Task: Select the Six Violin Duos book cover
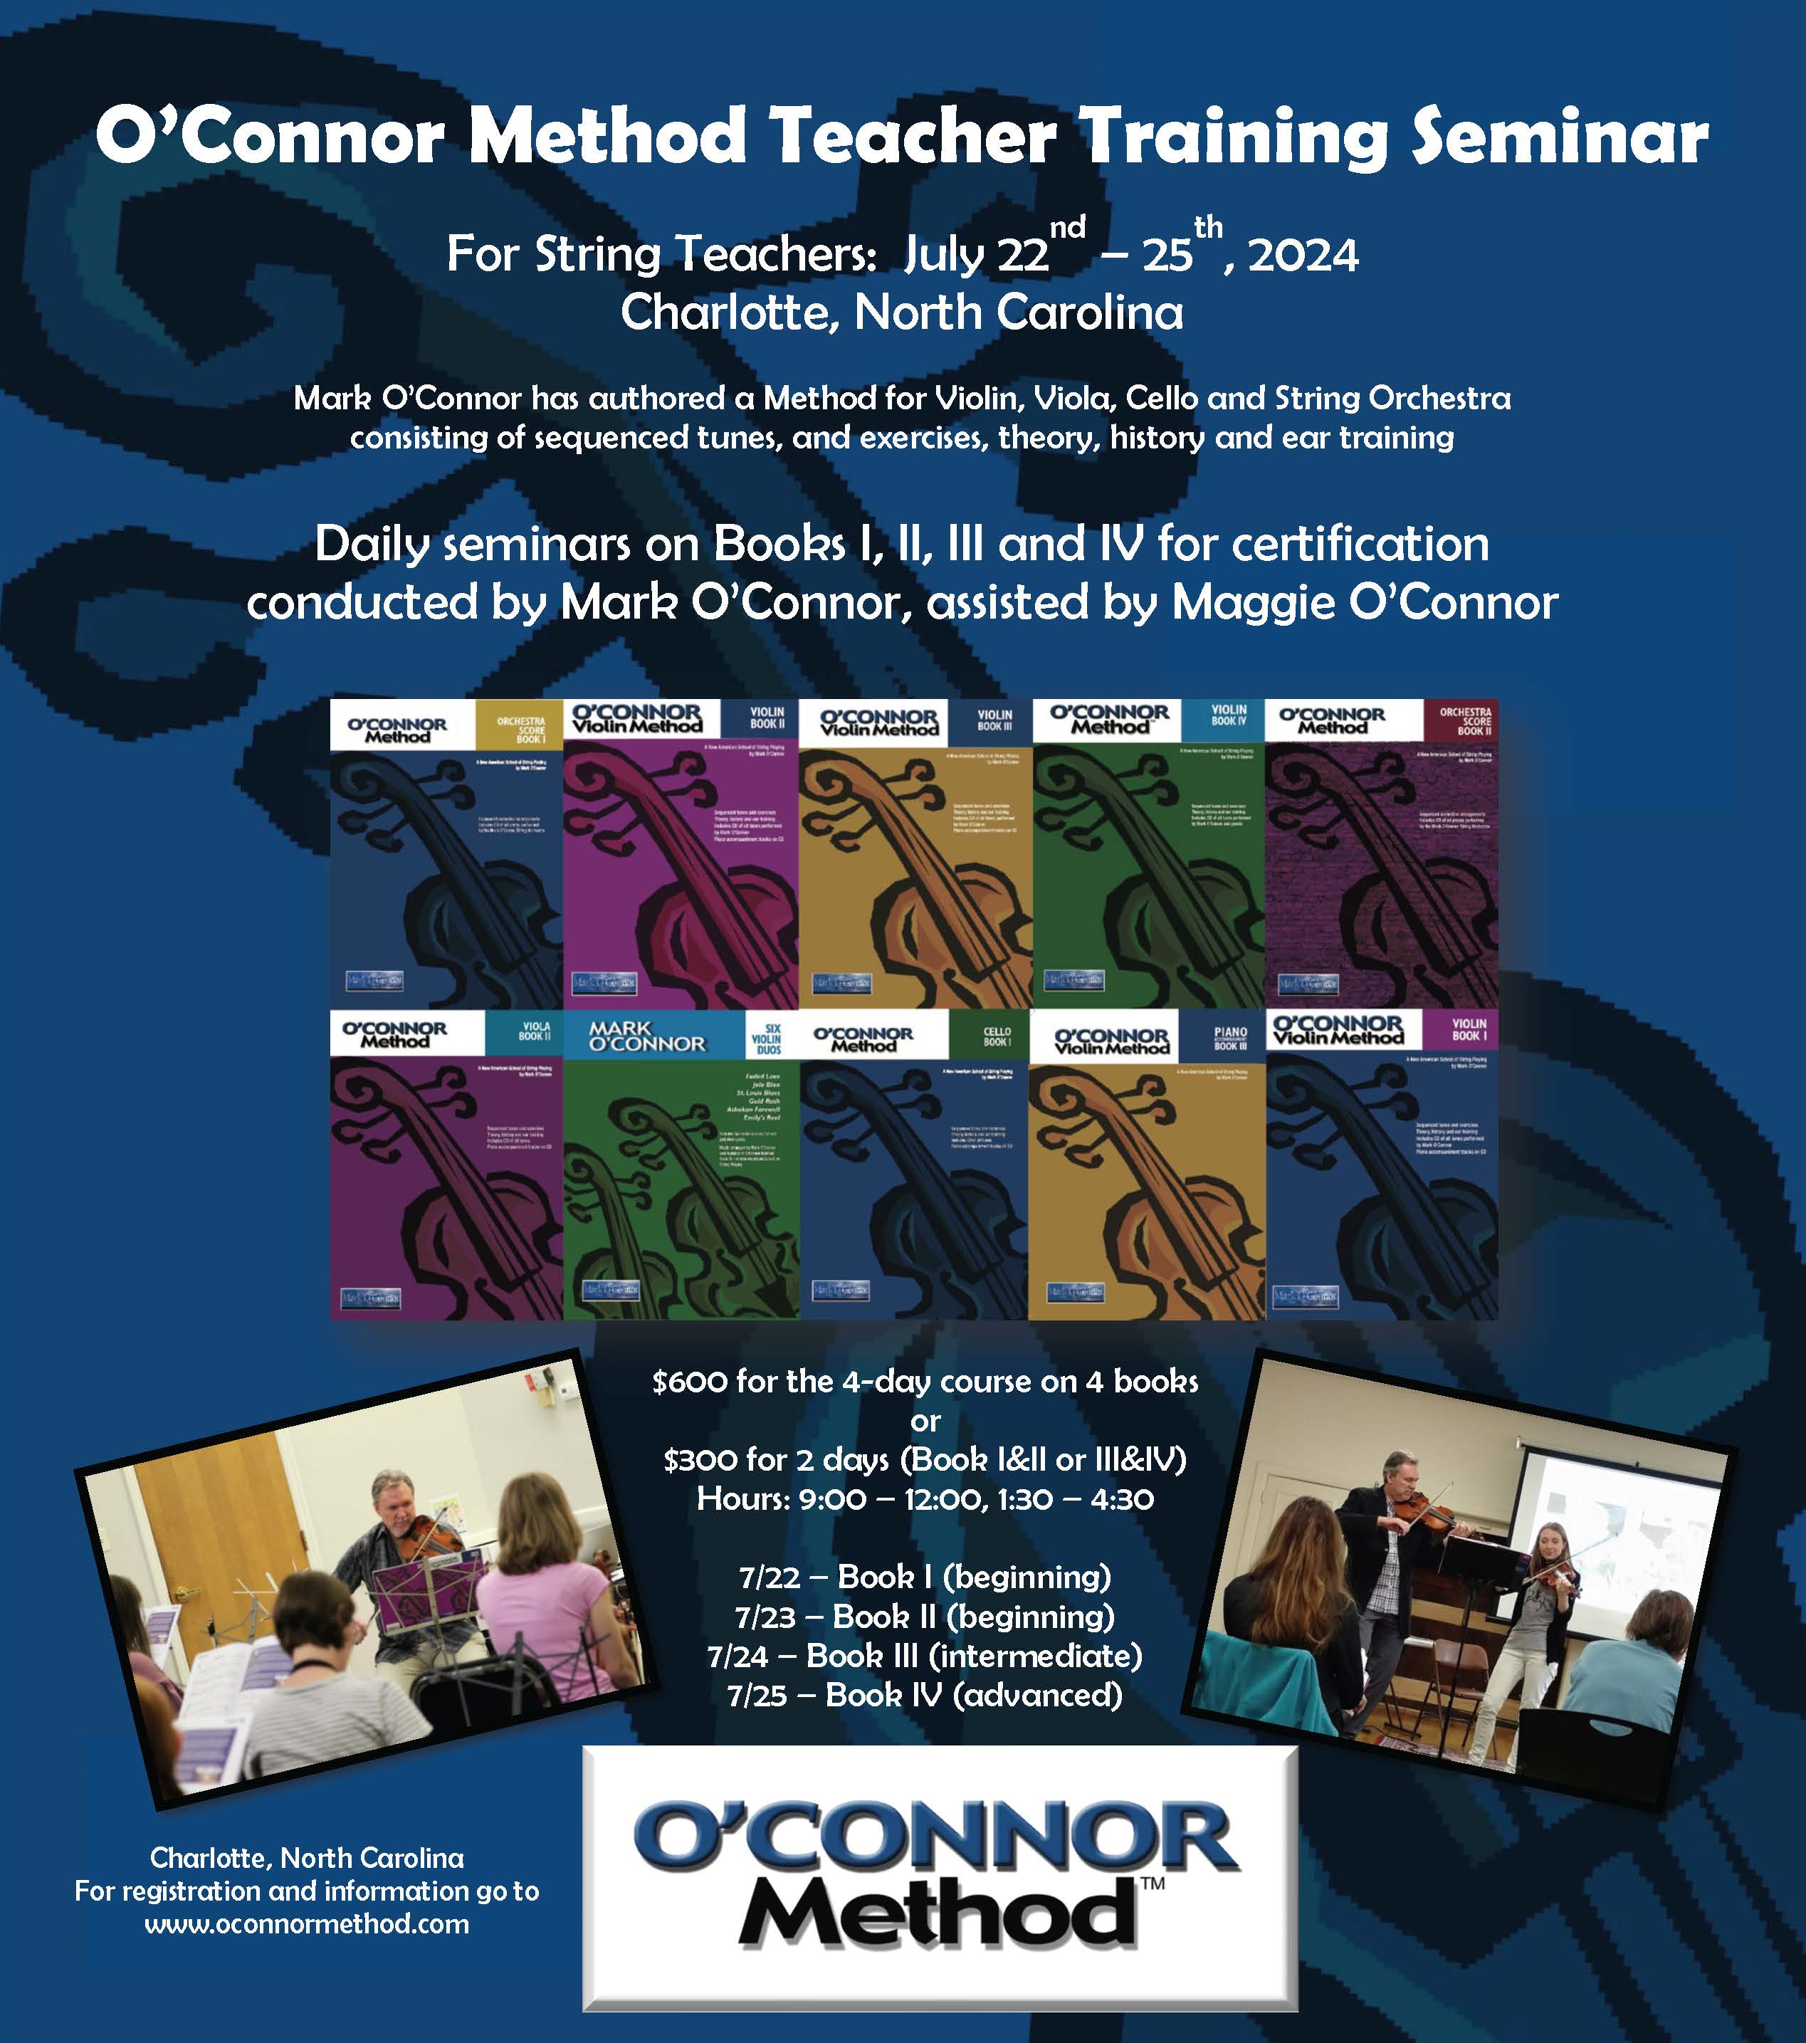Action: click(x=681, y=1165)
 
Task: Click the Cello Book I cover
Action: click(x=913, y=1165)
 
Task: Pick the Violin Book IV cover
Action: click(x=1148, y=853)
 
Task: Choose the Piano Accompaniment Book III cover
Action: click(x=1148, y=1165)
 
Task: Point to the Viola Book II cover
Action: click(x=447, y=1165)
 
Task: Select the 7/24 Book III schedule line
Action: click(x=925, y=1656)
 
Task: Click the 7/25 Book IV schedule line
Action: click(x=925, y=1695)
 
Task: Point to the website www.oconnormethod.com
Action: click(x=307, y=1924)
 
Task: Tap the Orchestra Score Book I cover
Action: click(x=447, y=853)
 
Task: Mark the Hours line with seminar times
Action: click(x=925, y=1499)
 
